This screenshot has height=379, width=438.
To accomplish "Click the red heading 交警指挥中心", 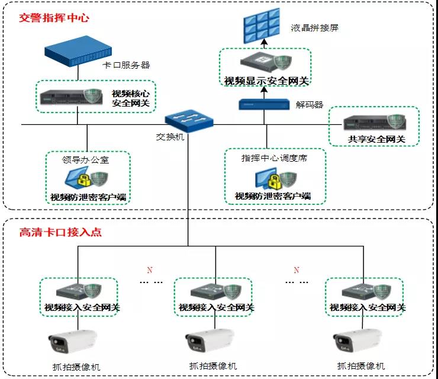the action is coord(54,18).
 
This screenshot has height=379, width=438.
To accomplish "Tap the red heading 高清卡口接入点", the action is coord(60,232).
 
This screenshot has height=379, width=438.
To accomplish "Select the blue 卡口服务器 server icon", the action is coord(78,51).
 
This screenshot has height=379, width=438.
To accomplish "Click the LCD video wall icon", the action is coord(262,25).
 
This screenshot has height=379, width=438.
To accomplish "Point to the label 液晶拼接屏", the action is coord(314,28).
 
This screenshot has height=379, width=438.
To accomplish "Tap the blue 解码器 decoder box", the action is coord(264,105).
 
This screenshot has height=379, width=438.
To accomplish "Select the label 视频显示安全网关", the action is coord(266,81).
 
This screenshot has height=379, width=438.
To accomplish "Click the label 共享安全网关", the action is coord(376,139).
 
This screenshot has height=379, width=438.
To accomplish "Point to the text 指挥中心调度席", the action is coord(274,158).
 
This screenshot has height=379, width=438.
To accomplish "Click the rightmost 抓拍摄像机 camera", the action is coord(358,341).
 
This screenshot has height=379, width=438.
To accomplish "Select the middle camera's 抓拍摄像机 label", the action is coord(213,366).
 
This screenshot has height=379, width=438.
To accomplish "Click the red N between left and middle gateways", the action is coord(150,270).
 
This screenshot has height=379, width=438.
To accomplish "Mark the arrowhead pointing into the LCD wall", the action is coord(264,42).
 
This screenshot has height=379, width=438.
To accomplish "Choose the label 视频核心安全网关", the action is coord(131,98).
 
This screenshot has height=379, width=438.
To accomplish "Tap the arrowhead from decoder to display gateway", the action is coord(264,89).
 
